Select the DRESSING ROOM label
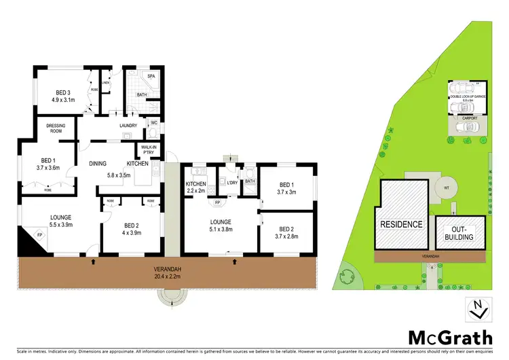[x=56, y=129]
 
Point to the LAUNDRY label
[x=128, y=125]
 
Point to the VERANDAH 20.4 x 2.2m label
[x=167, y=272]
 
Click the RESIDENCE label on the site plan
[x=402, y=224]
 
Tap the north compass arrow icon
[x=478, y=309]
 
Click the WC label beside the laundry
[x=154, y=123]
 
